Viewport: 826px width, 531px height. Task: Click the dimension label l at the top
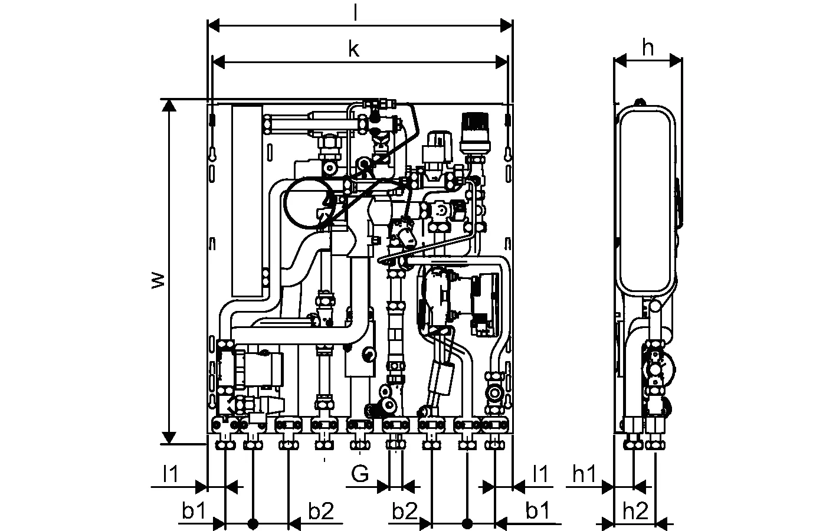click(x=355, y=13)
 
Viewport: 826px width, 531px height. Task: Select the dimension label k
click(x=353, y=50)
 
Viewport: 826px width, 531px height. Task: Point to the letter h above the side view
click(x=648, y=48)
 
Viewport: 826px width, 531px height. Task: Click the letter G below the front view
click(x=360, y=473)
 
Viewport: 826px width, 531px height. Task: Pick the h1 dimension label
click(x=585, y=474)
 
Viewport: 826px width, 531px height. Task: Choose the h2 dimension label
click(x=635, y=511)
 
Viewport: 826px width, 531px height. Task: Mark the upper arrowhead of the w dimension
click(x=169, y=105)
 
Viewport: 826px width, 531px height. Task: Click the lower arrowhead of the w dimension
click(x=169, y=437)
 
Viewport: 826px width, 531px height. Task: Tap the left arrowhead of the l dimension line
click(x=214, y=25)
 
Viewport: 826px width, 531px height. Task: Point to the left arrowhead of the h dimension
click(x=619, y=60)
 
